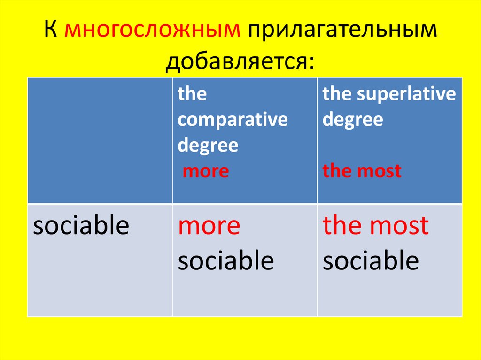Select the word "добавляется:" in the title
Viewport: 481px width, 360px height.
[x=240, y=62]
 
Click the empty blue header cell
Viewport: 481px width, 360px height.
[x=100, y=140]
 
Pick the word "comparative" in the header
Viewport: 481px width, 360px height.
[x=233, y=120]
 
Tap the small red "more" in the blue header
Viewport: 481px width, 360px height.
[x=206, y=171]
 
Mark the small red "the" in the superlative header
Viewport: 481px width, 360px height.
[x=336, y=171]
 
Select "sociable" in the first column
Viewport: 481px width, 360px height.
[x=81, y=226]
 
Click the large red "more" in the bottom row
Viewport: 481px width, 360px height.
[x=209, y=226]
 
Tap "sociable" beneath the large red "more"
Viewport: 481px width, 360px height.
[x=225, y=260]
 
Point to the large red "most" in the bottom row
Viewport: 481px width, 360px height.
[x=399, y=226]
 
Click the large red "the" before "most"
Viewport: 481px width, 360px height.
[x=343, y=226]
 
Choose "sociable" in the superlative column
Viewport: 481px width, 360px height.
[x=371, y=260]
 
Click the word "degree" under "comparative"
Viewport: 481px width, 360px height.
[x=208, y=146]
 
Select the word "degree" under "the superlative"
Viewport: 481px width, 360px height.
[x=353, y=120]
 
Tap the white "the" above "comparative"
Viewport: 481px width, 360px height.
[x=192, y=94]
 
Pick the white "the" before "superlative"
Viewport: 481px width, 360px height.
[x=337, y=94]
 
